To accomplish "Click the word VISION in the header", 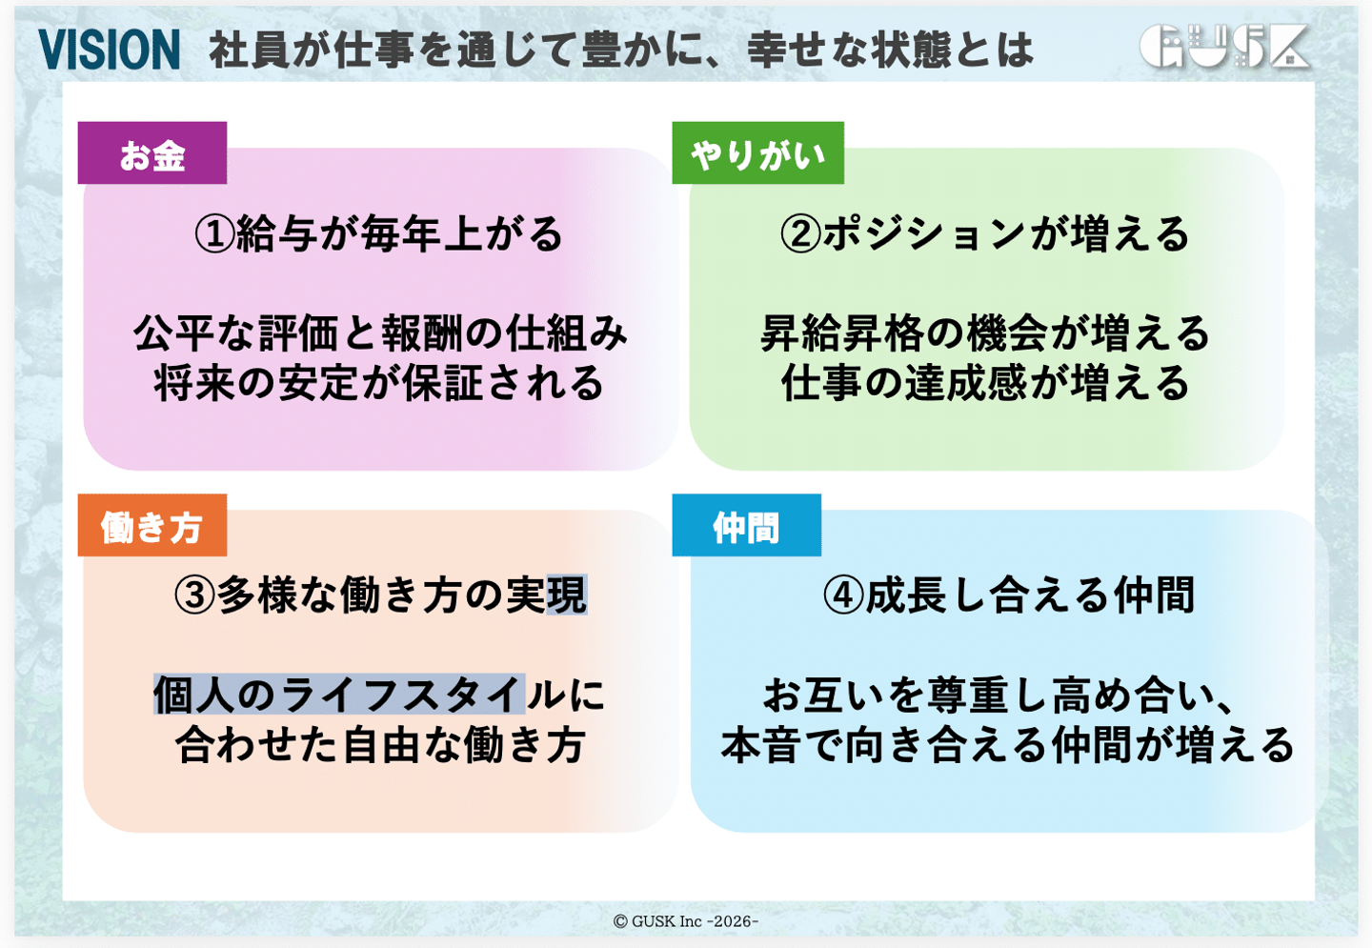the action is (x=109, y=49).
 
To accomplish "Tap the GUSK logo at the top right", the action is (x=1224, y=46).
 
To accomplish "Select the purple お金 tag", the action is (x=152, y=153).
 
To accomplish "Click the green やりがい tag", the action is (x=758, y=153).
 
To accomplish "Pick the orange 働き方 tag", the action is (x=152, y=525).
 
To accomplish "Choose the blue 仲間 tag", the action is (x=747, y=525).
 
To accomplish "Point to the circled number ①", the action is (x=214, y=234).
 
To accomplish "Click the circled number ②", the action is (x=800, y=234).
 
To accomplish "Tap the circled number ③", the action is (x=194, y=595).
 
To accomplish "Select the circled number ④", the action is (x=843, y=595).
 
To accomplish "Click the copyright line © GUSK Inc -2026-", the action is (x=686, y=921).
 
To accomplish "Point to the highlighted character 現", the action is (x=567, y=595).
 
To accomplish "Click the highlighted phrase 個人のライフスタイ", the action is (x=339, y=695).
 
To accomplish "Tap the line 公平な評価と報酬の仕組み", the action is (x=381, y=333).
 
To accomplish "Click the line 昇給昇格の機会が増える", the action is (x=985, y=333).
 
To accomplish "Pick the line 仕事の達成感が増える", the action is (x=985, y=383).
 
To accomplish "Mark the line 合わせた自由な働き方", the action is (x=380, y=745).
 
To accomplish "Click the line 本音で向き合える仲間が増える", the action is (x=1008, y=745).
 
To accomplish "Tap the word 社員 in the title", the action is (x=249, y=50).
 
